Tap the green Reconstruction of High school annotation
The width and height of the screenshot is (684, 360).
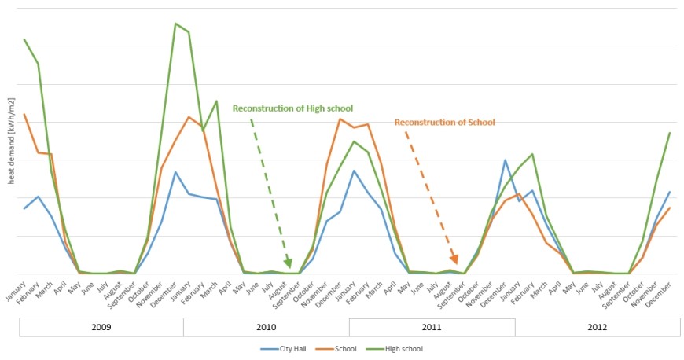(x=292, y=108)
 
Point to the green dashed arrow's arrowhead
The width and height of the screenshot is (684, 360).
(x=289, y=265)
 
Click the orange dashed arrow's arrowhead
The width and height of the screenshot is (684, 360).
(x=455, y=261)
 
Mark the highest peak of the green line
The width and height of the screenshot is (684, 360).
(x=175, y=24)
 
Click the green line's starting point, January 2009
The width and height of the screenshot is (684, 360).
(x=24, y=39)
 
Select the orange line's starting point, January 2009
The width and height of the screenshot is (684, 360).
(x=24, y=115)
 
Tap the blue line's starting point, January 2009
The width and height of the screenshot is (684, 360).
(x=24, y=208)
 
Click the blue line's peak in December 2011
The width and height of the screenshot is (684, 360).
(x=505, y=160)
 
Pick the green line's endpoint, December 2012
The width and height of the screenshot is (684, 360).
(x=670, y=133)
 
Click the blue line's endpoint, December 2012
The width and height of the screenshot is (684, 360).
(x=670, y=192)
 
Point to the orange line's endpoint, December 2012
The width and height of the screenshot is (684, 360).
(x=670, y=208)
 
